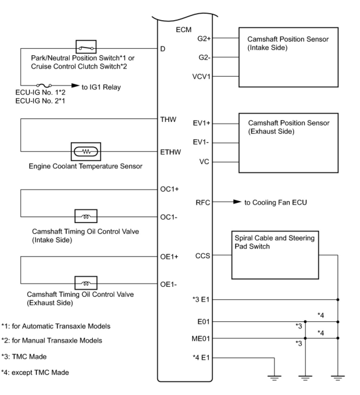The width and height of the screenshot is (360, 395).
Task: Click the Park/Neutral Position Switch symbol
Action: [86, 47]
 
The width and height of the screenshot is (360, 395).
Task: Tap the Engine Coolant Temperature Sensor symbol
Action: [86, 151]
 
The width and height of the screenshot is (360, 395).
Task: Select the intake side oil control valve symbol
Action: [86, 216]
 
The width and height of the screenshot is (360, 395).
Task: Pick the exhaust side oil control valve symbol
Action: [86, 283]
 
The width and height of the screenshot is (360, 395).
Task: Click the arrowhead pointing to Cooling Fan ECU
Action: [237, 202]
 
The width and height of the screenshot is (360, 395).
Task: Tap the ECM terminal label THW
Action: [168, 120]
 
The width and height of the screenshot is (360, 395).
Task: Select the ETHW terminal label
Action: [170, 152]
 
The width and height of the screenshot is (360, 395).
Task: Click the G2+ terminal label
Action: [204, 38]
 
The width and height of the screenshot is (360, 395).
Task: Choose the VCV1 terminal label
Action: [201, 77]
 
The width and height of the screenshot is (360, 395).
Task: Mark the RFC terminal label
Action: [203, 203]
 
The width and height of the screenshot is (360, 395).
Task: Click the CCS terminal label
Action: [203, 256]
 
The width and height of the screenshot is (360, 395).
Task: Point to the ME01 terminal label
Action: [201, 338]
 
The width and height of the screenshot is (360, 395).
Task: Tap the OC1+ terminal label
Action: [169, 189]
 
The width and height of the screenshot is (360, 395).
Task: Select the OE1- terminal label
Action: [168, 284]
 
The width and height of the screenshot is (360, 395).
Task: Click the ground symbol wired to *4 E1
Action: [274, 378]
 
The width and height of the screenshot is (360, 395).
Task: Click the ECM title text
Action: [184, 30]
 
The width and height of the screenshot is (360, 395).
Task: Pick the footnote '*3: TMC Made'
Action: [24, 356]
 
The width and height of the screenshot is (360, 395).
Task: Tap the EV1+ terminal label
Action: [201, 123]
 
